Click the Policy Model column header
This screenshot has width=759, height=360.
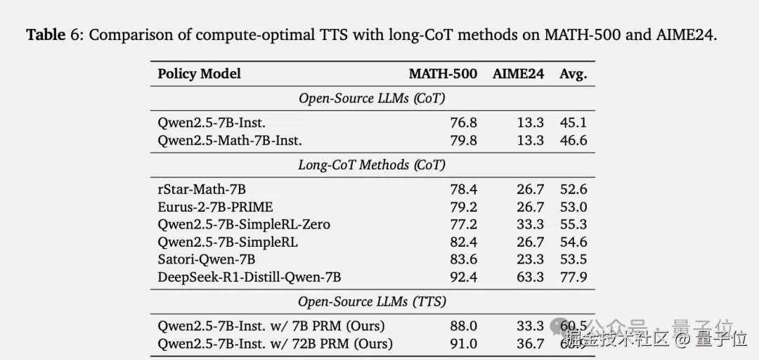pos(199,74)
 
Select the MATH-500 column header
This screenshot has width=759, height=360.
pos(443,74)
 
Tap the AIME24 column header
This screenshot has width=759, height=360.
pos(518,74)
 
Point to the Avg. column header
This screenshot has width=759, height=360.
pos(573,74)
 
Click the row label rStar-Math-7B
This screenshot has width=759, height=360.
pos(202,190)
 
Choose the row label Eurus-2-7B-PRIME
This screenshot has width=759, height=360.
pos(215,207)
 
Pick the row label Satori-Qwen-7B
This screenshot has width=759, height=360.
pos(205,259)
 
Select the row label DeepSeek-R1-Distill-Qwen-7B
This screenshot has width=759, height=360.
pos(249,277)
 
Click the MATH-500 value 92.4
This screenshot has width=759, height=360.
pos(463,277)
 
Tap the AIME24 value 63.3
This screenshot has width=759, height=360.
pos(530,277)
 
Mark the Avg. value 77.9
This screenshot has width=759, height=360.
pos(573,277)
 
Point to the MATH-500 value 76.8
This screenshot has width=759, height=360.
pos(463,123)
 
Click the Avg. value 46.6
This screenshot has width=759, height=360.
pos(573,141)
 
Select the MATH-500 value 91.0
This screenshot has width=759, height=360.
pos(463,344)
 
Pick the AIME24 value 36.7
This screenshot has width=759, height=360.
pos(530,344)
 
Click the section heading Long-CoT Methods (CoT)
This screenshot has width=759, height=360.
pos(372,165)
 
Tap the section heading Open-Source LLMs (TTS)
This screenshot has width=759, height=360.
pos(372,302)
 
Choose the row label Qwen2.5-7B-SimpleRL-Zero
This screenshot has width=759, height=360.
pos(244,225)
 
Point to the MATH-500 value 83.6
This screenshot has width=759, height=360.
pos(463,259)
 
